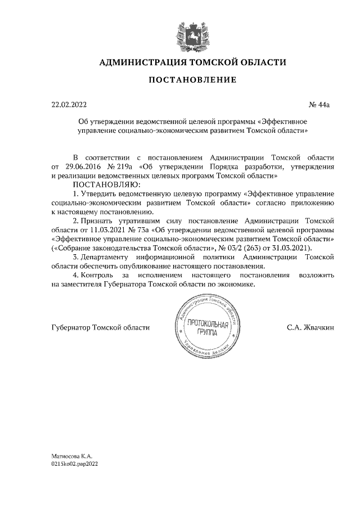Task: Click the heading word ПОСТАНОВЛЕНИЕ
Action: pyautogui.click(x=192, y=80)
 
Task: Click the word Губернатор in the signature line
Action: pyautogui.click(x=71, y=327)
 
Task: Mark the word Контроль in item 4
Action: pyautogui.click(x=100, y=275)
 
